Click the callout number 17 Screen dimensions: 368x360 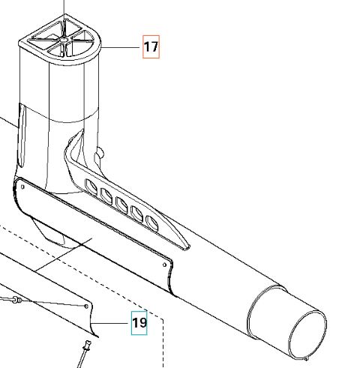point(151,47)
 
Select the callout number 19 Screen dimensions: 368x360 point(139,324)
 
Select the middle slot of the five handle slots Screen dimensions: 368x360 point(121,202)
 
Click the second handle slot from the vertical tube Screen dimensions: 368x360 point(106,193)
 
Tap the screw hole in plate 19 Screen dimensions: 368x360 point(87,307)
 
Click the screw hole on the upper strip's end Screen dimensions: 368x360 point(163,262)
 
